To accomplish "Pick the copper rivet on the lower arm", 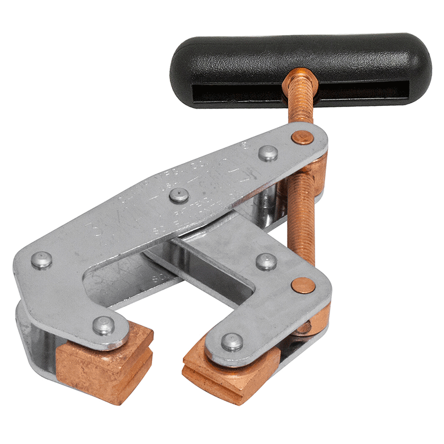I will pyautogui.click(x=304, y=285).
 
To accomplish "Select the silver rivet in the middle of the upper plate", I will pyautogui.click(x=177, y=195).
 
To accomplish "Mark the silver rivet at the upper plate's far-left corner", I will pyautogui.click(x=41, y=259).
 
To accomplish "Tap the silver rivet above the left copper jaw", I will pyautogui.click(x=104, y=325).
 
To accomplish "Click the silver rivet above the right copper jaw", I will pyautogui.click(x=232, y=341).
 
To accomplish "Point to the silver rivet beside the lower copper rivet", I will pyautogui.click(x=266, y=261).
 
